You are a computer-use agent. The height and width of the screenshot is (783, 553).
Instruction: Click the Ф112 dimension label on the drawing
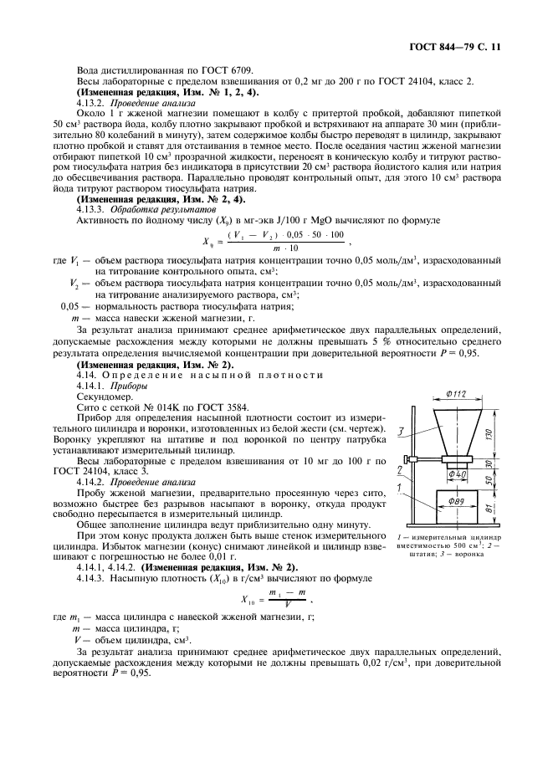456,394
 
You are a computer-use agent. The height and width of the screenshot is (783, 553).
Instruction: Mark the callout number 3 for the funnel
402,431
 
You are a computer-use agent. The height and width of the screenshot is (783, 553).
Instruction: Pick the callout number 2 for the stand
400,470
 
